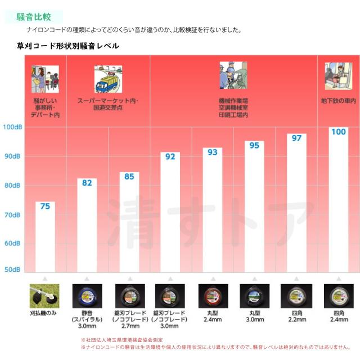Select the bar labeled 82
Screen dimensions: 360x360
[87, 225]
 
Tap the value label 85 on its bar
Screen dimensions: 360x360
[129, 177]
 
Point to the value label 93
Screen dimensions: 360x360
[212, 152]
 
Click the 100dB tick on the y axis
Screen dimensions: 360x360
[11, 127]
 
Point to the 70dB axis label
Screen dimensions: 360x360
[12, 214]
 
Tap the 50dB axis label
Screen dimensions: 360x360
[12, 269]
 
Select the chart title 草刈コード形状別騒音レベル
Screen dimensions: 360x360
[68, 46]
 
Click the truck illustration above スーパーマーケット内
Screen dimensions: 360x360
[109, 79]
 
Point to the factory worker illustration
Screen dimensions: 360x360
[233, 76]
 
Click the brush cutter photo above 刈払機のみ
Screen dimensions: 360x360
[44, 296]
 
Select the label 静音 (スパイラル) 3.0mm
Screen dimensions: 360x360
[87, 319]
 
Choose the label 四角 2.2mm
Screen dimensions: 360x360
[296, 316]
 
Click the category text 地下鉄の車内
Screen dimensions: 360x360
[339, 101]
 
